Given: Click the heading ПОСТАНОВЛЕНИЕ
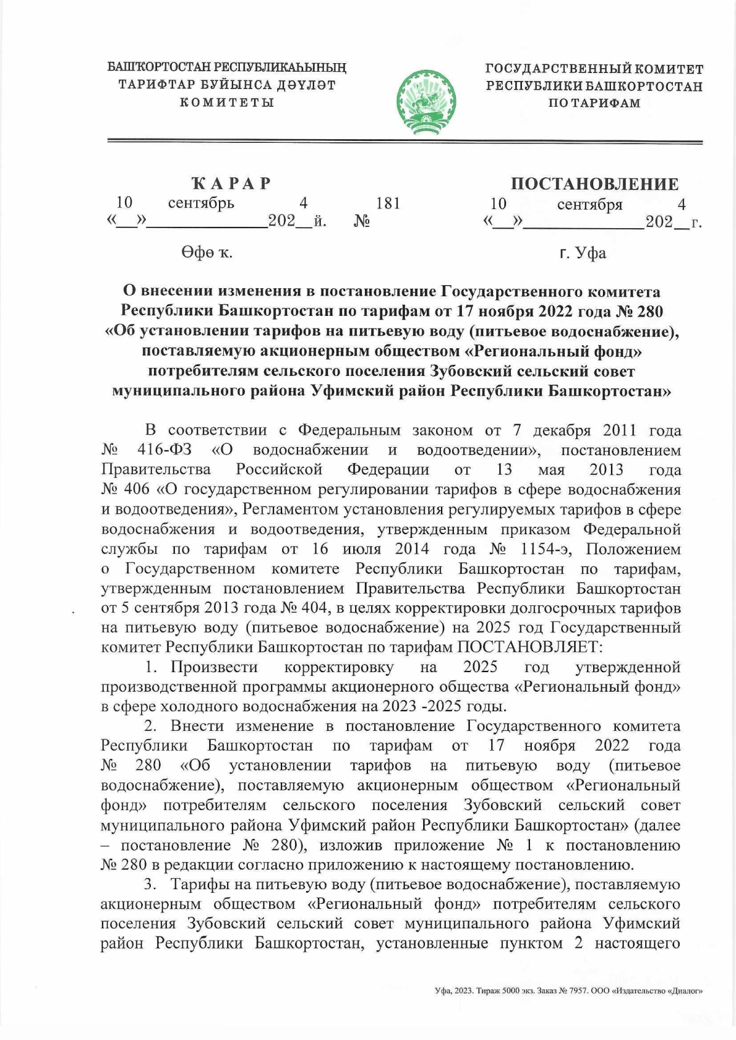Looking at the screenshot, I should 594,184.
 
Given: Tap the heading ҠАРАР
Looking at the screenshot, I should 231,183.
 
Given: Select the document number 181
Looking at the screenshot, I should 388,203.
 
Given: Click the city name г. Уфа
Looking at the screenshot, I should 583,253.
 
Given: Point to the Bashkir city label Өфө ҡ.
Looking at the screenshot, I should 206,252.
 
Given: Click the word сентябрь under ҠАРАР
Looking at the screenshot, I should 201,203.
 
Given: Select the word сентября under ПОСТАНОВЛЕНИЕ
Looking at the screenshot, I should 589,204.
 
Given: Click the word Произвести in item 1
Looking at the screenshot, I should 214,667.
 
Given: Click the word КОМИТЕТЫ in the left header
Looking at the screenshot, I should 227,102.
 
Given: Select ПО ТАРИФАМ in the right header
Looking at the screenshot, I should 594,103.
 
